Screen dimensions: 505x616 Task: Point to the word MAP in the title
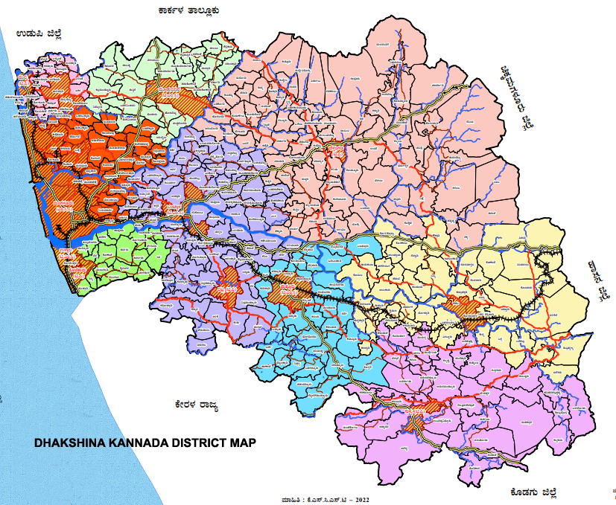click(244, 443)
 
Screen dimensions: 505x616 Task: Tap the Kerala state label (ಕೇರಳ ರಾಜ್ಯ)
click(192, 405)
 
